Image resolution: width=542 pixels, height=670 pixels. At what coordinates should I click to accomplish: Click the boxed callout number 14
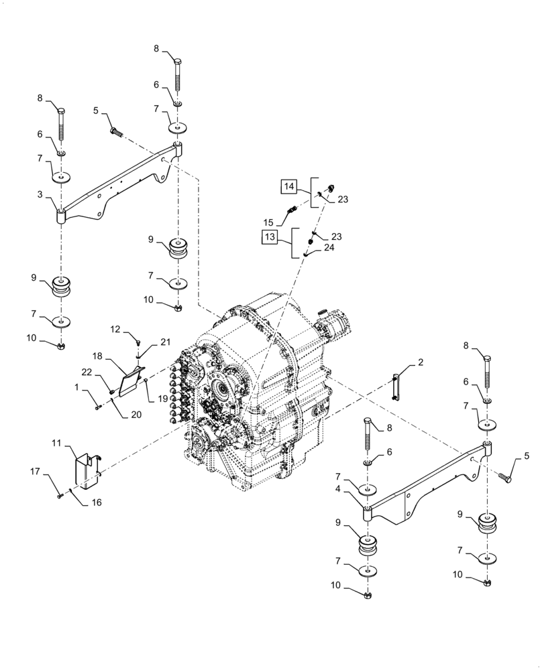tap(288, 186)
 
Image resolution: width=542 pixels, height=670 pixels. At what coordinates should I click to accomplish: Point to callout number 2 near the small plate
tap(421, 363)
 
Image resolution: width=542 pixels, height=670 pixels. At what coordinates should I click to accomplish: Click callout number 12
tap(115, 329)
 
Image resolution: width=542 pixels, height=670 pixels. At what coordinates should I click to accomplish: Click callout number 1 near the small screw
tap(78, 387)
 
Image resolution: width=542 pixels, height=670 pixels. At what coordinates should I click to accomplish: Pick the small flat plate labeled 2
tap(396, 388)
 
